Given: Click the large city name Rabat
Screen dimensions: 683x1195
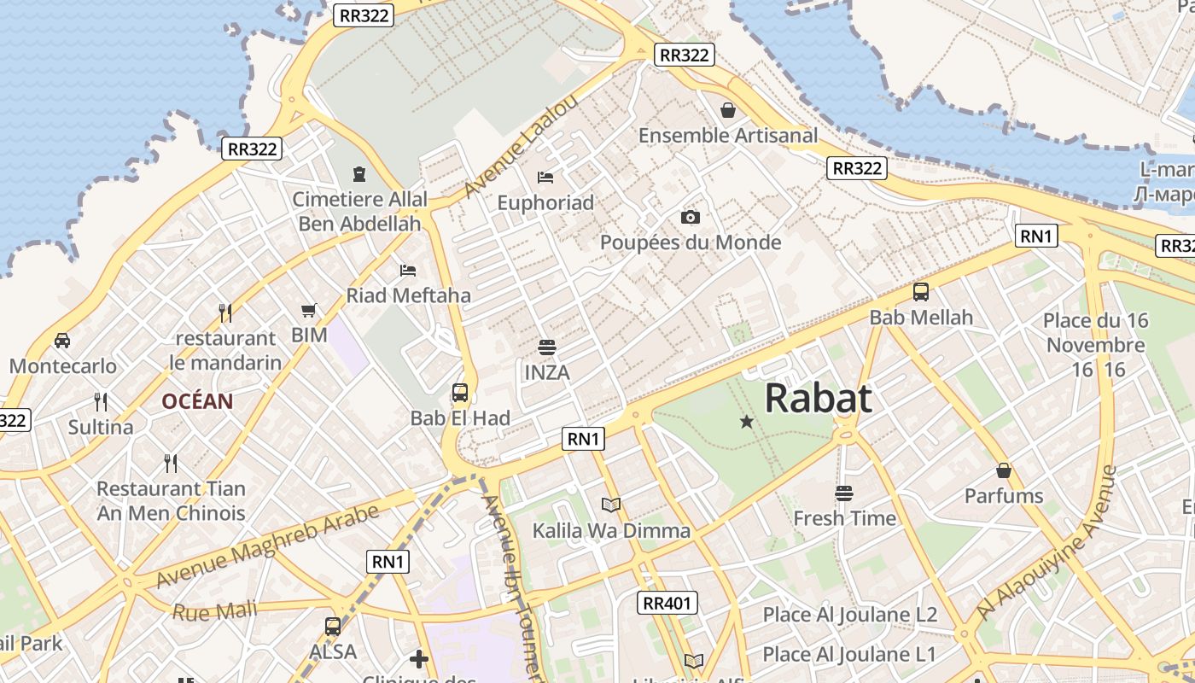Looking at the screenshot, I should click(818, 399).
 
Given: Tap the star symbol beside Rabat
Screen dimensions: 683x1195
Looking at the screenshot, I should click(747, 421).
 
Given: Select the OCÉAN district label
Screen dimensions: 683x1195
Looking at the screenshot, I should click(197, 401).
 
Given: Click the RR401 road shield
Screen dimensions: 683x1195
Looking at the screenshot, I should click(667, 604).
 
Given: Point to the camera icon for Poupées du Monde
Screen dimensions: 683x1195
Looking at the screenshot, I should click(691, 218).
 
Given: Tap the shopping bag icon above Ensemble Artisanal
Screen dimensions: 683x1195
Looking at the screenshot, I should click(728, 110).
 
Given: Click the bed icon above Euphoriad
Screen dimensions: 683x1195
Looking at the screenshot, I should click(545, 178).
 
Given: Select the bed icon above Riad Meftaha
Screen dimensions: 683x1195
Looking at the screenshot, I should click(408, 271).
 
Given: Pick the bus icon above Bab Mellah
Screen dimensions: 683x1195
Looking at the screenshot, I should click(921, 292).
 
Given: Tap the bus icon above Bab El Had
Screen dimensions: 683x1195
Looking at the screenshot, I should click(460, 393).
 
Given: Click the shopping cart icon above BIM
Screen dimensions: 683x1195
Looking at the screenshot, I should click(309, 311).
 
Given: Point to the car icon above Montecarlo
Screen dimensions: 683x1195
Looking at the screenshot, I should click(62, 341).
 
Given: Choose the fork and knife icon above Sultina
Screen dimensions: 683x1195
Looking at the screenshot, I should click(101, 401).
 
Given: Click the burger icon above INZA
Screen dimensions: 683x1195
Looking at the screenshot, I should click(547, 347).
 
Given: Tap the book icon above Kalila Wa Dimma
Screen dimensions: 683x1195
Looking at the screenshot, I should click(611, 505).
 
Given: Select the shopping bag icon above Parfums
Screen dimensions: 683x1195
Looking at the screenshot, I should click(1004, 470).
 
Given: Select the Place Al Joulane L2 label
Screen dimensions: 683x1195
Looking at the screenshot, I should click(849, 615).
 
